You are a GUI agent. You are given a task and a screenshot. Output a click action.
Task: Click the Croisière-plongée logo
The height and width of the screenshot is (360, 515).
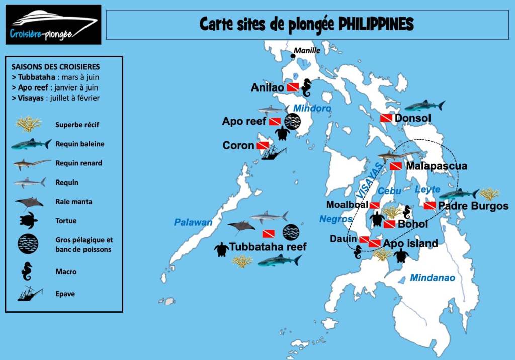[53, 25]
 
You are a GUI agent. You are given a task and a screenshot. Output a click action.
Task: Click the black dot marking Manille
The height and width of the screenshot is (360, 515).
[293, 56]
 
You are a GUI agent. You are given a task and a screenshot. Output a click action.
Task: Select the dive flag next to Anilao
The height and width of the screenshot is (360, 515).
[293, 87]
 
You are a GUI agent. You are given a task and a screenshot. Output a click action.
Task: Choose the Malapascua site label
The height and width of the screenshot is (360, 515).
[436, 166]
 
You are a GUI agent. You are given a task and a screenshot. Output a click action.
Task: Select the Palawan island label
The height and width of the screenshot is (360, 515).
[193, 222]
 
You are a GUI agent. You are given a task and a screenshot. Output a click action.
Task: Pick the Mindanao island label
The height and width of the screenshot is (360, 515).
[432, 278]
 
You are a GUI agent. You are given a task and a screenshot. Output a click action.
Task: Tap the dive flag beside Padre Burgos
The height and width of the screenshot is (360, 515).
[430, 206]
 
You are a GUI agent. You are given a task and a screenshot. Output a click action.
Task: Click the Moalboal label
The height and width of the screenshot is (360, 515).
[347, 205]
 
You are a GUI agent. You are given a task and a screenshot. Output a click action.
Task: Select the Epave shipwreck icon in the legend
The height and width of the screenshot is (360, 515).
[30, 293]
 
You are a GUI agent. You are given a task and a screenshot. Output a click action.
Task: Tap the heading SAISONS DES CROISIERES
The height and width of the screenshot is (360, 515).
[55, 66]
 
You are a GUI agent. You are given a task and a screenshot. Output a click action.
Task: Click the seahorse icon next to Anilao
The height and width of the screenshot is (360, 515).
[306, 88]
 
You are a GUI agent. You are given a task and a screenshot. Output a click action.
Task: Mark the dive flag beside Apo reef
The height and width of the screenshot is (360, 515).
[275, 122]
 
